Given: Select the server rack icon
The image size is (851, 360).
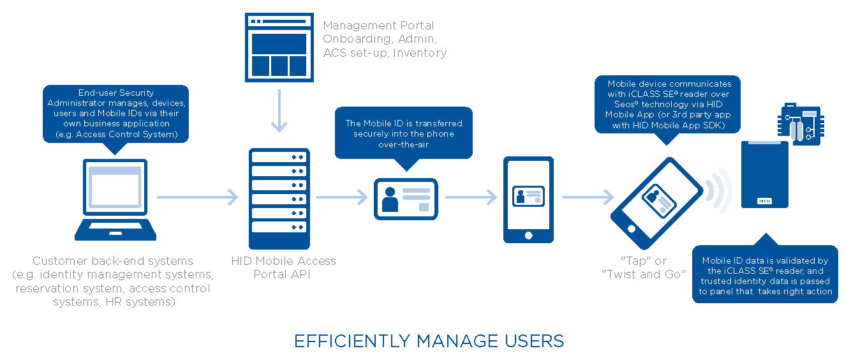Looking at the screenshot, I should [279, 199].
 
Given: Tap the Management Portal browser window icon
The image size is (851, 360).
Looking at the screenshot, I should [279, 45].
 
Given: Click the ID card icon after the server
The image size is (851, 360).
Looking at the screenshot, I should [406, 199].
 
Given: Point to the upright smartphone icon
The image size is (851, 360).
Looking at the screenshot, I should [528, 199].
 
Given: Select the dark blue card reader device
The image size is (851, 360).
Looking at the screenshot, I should [764, 174].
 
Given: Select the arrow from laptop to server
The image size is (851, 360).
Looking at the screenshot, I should [197, 197].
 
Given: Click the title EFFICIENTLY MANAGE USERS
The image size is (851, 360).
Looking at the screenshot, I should [429, 341].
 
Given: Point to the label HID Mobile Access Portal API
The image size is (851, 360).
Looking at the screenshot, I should [283, 267].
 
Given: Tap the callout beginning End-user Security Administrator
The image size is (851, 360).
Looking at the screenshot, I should [115, 113].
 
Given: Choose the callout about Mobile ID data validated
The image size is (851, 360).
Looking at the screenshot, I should [765, 275].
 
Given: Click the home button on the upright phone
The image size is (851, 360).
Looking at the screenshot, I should [528, 235].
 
